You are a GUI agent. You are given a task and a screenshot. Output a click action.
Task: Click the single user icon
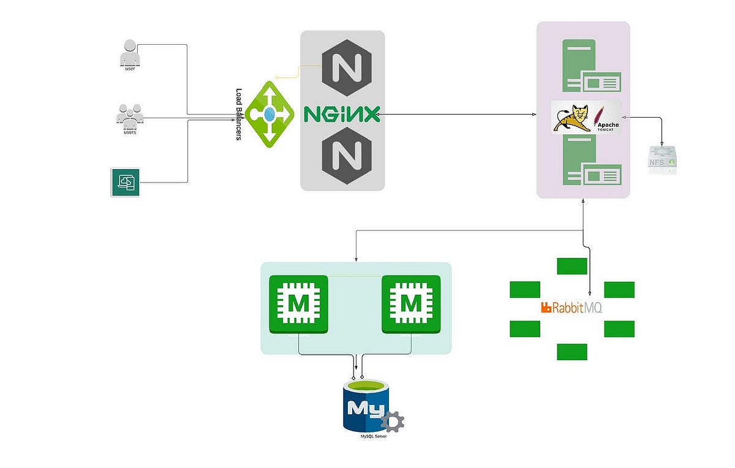pyautogui.click(x=129, y=53)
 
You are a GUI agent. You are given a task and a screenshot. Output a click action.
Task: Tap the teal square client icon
pyautogui.click(x=126, y=182)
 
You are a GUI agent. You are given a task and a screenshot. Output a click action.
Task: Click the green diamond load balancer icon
pyautogui.click(x=270, y=114)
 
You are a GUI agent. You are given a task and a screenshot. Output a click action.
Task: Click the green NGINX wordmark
pyautogui.click(x=342, y=114)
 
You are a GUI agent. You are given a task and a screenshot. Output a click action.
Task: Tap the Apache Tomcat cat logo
pyautogui.click(x=573, y=117)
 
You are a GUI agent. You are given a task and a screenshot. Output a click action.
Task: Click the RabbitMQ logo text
pyautogui.click(x=571, y=308)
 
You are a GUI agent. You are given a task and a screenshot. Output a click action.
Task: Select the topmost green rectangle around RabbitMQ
pyautogui.click(x=572, y=266)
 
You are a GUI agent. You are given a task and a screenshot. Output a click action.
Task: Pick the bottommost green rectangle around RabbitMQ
pyautogui.click(x=572, y=352)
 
